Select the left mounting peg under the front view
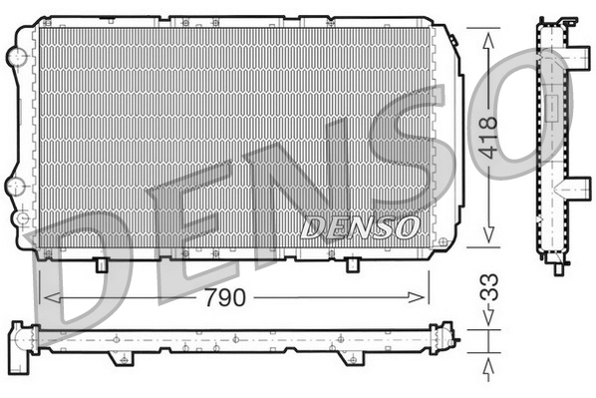pyautogui.click(x=102, y=264)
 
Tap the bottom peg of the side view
pyautogui.click(x=556, y=266)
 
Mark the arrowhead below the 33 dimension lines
pyautogui.click(x=488, y=370)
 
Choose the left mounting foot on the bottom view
pyautogui.click(x=119, y=356)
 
